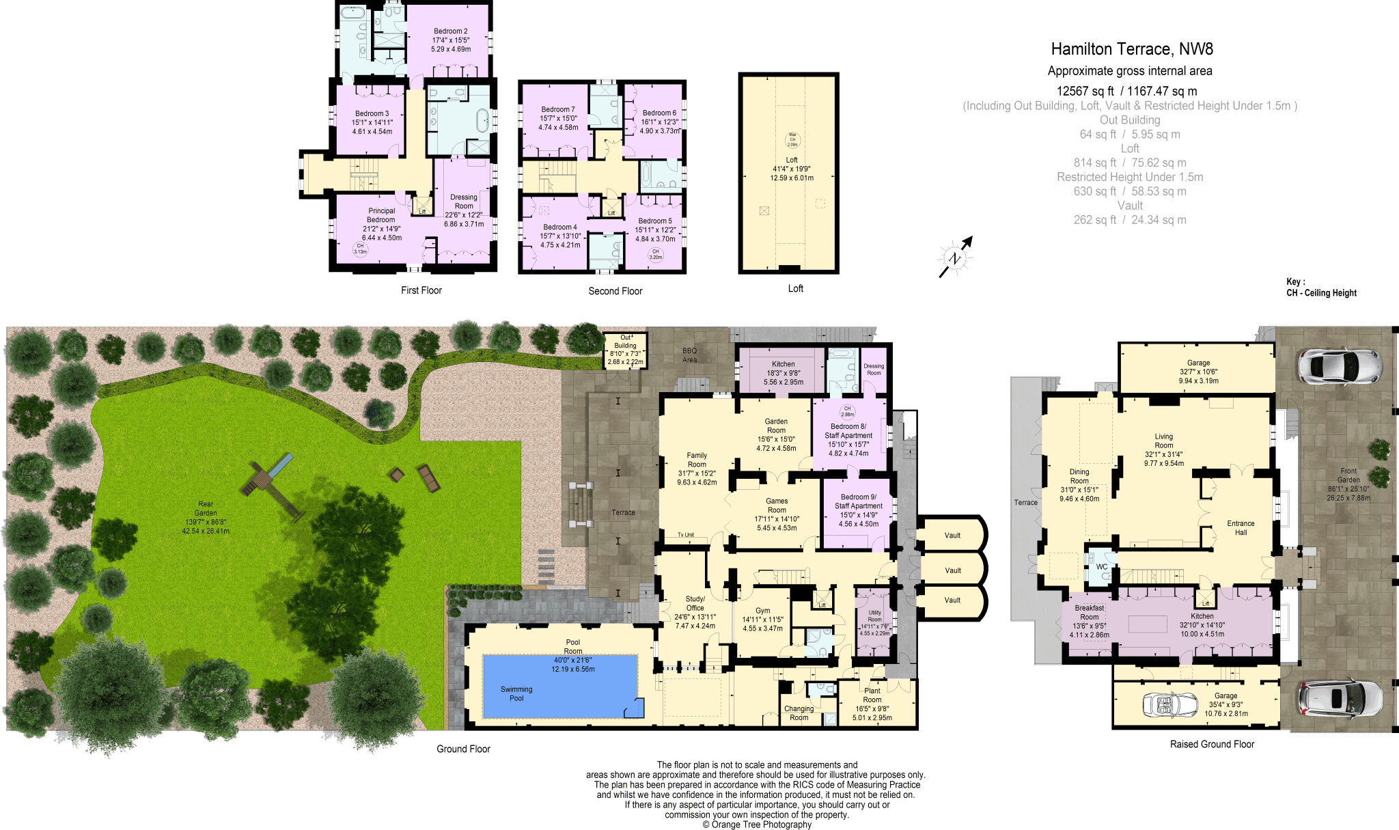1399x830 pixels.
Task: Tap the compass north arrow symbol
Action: [x=955, y=258]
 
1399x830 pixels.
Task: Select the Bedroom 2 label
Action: [x=450, y=31]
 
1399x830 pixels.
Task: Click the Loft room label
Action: [x=792, y=160]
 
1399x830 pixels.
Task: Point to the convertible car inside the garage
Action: [x=1170, y=705]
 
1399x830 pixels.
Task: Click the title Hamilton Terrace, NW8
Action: [x=1131, y=49]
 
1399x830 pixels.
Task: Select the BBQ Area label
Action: [x=690, y=355]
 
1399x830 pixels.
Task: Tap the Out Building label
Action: [x=625, y=342]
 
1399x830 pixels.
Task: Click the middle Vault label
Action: [x=952, y=570]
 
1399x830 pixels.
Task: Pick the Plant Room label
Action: [x=872, y=695]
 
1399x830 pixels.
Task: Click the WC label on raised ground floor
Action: [x=1101, y=567]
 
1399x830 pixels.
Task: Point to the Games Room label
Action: [x=777, y=506]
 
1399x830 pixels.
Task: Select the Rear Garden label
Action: [x=206, y=508]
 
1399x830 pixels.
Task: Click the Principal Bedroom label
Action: [x=381, y=215]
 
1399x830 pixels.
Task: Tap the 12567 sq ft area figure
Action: [x=1085, y=91]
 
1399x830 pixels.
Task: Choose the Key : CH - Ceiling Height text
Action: [x=1320, y=288]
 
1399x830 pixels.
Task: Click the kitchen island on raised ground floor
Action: [x=1148, y=624]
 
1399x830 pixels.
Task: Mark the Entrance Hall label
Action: [x=1241, y=528]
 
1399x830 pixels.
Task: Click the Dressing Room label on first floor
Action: [x=464, y=202]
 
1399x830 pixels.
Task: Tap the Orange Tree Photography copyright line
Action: [x=757, y=825]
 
